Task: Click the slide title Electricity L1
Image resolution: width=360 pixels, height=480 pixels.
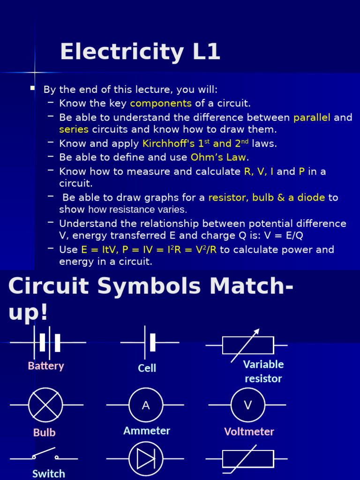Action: point(140,52)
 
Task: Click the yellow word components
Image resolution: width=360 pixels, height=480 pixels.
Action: point(161,103)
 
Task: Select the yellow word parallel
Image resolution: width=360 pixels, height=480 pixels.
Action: point(312,117)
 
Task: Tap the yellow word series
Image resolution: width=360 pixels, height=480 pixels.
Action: point(74,129)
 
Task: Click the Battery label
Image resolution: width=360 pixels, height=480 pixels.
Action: point(46,366)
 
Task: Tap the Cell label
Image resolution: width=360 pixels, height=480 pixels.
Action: point(147,368)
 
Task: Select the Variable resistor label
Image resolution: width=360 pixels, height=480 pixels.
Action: point(263,371)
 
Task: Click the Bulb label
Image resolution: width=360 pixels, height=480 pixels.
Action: point(45,432)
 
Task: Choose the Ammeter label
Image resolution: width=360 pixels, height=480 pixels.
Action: point(147,431)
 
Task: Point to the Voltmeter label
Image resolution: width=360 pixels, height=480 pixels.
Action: point(249,432)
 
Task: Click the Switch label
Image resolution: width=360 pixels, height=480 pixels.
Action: point(49,473)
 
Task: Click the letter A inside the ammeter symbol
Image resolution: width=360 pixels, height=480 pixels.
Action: point(146,405)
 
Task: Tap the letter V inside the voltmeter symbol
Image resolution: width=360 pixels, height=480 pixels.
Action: point(248,405)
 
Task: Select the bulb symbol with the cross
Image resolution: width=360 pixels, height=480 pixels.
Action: point(45,405)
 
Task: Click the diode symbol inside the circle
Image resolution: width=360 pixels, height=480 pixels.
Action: point(146,459)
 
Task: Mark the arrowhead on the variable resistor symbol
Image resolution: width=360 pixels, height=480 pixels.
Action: point(256,331)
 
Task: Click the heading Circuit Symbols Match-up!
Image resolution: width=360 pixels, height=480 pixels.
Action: point(150,299)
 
